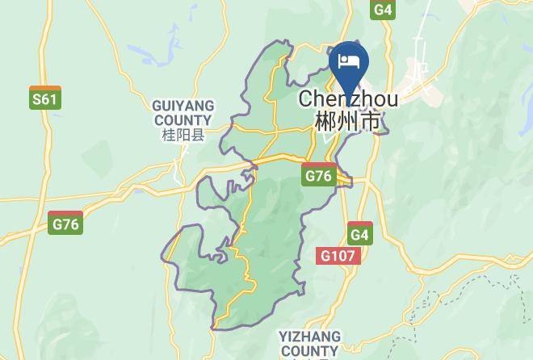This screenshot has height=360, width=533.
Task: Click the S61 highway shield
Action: click(45, 98)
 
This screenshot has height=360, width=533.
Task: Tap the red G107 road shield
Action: click(338, 256)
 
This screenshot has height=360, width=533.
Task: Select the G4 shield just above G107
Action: click(360, 233)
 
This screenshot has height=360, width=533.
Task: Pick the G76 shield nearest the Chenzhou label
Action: click(319, 175)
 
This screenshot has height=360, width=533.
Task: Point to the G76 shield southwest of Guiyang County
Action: click(65, 223)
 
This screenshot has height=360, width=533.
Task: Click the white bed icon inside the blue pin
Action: click(349, 61)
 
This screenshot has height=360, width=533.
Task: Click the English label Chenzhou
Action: click(348, 100)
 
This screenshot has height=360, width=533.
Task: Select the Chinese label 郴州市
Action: click(348, 122)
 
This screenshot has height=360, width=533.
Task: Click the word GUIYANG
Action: click(183, 107)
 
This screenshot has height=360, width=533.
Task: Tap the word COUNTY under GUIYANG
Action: click(183, 120)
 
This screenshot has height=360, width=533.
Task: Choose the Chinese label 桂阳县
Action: click(183, 135)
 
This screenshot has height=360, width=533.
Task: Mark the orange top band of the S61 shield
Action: click(45, 89)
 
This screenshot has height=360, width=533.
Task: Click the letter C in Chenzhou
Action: click(305, 100)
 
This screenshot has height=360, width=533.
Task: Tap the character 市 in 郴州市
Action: click(370, 122)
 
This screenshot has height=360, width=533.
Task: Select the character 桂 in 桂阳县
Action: click(168, 135)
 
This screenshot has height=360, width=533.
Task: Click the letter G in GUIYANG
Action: click(157, 107)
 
